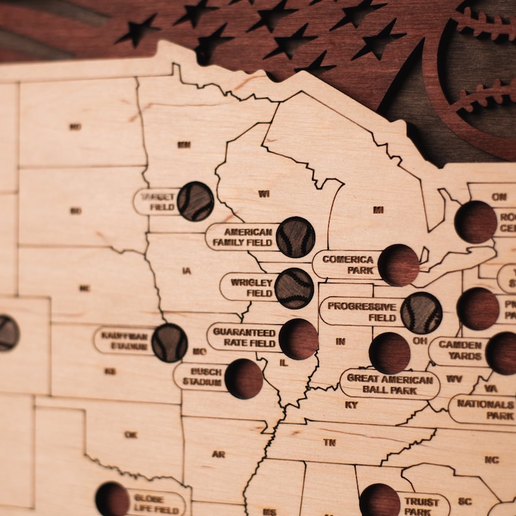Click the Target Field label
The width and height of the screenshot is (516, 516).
[x=156, y=201]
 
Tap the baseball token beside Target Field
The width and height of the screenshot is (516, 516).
[x=195, y=201]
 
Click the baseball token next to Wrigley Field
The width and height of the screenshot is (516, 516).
[x=294, y=288]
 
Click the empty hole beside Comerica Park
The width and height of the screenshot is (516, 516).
[x=398, y=265]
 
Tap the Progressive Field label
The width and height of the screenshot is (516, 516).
[x=361, y=311]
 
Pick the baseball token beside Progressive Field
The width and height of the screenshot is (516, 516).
[x=421, y=313]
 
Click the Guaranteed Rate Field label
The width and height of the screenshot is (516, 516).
[x=244, y=336]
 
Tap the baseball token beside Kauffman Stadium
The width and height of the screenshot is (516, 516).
[x=169, y=342]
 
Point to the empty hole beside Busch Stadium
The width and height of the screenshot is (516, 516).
[x=244, y=378]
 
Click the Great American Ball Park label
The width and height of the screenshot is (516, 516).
[x=389, y=384]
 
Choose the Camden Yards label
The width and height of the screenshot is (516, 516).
[x=459, y=351]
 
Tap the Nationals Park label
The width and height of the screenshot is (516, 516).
[x=484, y=409]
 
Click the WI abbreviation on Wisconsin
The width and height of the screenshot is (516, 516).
[x=263, y=194]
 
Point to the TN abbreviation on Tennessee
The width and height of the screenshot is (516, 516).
[x=329, y=442]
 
